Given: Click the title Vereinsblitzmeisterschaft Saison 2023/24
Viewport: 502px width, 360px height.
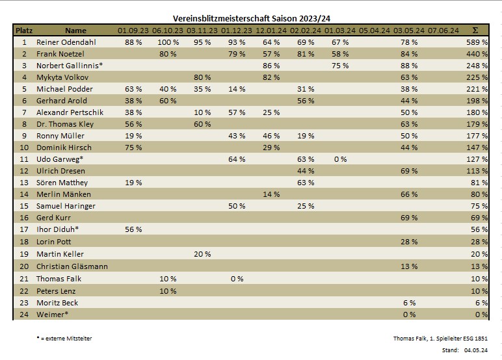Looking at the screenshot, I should click(x=251, y=19).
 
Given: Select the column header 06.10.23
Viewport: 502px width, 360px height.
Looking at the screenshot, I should click(x=168, y=30).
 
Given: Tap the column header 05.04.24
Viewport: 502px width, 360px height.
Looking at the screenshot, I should click(x=375, y=30).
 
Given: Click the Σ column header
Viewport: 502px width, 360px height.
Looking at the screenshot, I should click(x=475, y=30).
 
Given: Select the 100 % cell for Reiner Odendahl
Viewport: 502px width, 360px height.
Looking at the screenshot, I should click(x=168, y=42).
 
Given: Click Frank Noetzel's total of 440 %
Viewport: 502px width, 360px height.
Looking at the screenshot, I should click(x=477, y=54).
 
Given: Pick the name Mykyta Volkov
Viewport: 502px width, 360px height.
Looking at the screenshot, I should click(x=60, y=77).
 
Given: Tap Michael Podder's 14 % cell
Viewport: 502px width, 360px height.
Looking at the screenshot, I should click(x=237, y=89).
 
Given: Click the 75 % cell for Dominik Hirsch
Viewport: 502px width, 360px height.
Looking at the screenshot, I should click(x=133, y=148).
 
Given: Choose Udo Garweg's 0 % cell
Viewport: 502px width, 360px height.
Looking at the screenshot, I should click(x=340, y=160).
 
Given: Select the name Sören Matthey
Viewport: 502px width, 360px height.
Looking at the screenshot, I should click(x=62, y=183).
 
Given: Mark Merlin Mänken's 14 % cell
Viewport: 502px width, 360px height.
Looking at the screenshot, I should click(x=271, y=194).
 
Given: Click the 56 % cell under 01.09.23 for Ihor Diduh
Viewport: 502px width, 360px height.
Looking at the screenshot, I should click(x=133, y=230).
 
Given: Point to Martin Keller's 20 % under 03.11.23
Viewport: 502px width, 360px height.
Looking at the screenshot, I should click(x=202, y=254).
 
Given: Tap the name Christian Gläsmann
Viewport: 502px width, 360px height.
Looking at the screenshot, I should click(x=72, y=266).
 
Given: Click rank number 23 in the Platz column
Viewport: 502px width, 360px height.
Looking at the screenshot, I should click(x=24, y=303).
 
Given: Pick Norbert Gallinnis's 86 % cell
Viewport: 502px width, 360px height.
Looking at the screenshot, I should click(x=271, y=66).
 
